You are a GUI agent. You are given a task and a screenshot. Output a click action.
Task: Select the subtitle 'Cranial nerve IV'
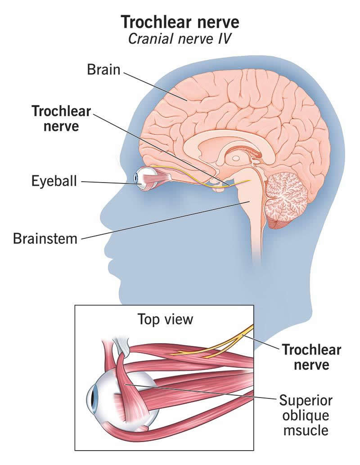(x=180, y=39)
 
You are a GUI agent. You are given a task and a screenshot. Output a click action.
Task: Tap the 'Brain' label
(x=103, y=70)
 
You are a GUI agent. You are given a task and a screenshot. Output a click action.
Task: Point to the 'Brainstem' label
(x=45, y=238)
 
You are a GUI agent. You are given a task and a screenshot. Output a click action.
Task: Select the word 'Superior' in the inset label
(x=306, y=400)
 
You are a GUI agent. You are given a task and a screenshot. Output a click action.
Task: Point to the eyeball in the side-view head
(x=143, y=178)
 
